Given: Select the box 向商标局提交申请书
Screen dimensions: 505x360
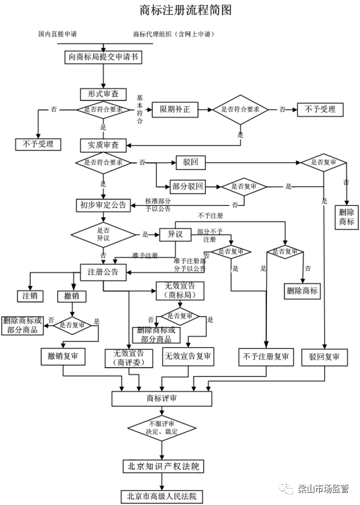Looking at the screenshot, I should tap(104, 57).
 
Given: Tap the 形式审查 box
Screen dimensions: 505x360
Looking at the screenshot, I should tap(103, 94).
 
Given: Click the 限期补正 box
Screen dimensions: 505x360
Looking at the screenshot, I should tap(174, 109).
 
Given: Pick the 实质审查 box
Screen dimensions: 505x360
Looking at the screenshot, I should tap(103, 144).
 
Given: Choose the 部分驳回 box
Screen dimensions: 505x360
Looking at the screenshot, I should tap(188, 186).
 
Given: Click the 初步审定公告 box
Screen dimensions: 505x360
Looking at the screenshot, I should tap(103, 205).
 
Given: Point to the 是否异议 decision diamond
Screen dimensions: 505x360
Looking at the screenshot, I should tap(102, 234).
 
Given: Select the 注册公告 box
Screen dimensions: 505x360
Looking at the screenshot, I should tap(103, 270).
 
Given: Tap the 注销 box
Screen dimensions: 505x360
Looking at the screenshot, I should tap(29, 296).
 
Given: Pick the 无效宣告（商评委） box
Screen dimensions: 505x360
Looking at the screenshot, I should tap(129, 358).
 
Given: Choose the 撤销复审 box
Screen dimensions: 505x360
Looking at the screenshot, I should tap(63, 356).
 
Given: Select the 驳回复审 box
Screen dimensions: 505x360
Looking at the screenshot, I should tap(324, 356).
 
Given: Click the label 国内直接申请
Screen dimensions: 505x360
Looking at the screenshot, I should tap(59, 34).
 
